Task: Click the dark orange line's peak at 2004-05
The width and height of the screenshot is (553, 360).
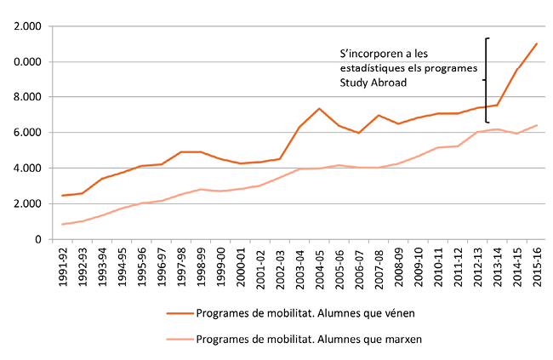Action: click(x=318, y=109)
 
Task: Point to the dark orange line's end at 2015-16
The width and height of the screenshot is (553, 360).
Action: click(x=537, y=43)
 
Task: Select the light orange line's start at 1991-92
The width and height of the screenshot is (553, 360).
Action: click(x=63, y=225)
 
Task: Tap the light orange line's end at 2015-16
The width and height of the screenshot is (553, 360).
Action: click(x=537, y=125)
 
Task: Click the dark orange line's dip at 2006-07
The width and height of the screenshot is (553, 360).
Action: click(x=358, y=133)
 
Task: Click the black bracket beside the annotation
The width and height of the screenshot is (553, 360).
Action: click(x=486, y=80)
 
